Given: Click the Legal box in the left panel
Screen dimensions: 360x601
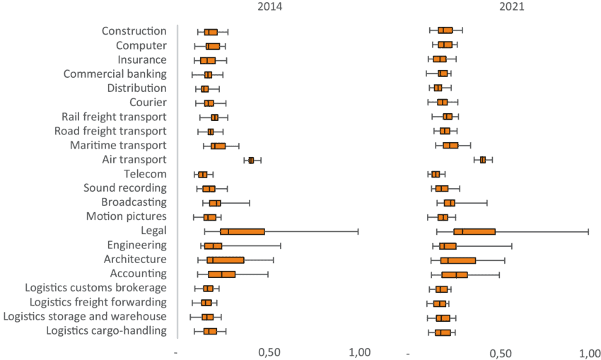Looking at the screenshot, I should click(243, 232).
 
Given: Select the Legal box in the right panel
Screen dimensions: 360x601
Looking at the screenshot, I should click(474, 232).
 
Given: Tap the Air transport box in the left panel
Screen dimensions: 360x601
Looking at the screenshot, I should click(251, 161).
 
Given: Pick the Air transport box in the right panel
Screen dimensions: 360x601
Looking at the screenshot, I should click(483, 160).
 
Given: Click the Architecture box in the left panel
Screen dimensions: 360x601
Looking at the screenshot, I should click(226, 260).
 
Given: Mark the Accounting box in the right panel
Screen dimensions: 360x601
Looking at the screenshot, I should click(455, 274).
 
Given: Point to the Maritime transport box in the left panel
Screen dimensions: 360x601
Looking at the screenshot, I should click(218, 146).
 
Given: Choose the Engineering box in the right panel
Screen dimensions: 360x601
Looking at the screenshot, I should click(448, 246).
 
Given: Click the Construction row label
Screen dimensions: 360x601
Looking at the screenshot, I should click(134, 31).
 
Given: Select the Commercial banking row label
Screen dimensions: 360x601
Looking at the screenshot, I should click(115, 74).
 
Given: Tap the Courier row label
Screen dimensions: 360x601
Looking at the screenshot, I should click(148, 103).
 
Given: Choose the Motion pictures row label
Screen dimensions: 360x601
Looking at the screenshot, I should click(127, 216).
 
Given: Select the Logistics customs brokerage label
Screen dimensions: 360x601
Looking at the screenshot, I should click(95, 289).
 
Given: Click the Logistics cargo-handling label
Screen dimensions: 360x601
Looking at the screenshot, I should click(107, 331).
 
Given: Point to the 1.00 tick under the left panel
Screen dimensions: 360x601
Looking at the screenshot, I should click(359, 352).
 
